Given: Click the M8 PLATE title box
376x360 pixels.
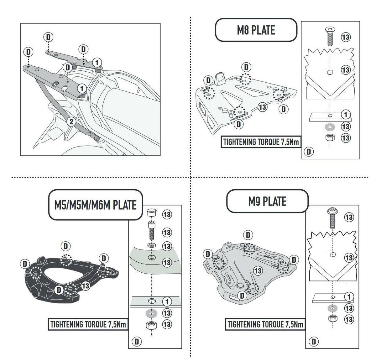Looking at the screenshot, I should click(x=256, y=30).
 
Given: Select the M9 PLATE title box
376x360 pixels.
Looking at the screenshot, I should click(x=267, y=201).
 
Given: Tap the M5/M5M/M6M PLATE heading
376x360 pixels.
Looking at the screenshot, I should click(x=95, y=205).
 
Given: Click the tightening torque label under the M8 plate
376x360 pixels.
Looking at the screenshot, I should click(x=261, y=142).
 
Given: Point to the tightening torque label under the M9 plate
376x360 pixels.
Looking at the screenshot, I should click(x=265, y=324).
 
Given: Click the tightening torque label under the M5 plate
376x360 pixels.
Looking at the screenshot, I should click(x=88, y=324).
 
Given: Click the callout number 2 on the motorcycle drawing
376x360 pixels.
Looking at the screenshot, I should click(x=71, y=121).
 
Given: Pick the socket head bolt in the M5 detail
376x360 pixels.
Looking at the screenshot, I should click(x=152, y=231).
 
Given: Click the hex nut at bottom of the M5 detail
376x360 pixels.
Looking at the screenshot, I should click(x=152, y=325).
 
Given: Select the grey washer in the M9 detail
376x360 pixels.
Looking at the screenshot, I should click(x=332, y=309).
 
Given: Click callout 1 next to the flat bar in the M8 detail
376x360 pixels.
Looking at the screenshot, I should click(x=346, y=114).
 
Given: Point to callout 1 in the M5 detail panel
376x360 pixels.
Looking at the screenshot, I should click(x=167, y=301).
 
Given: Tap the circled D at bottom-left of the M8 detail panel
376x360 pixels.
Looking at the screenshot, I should click(x=309, y=152).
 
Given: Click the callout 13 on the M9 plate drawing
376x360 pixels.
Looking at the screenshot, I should click(x=258, y=270).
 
